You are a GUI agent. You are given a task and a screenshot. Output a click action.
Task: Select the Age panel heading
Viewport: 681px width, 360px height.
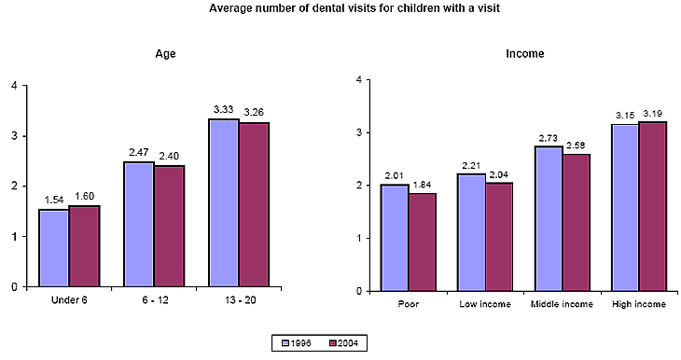(x=165, y=54)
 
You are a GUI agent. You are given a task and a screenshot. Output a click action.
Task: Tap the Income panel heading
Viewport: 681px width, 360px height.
(x=525, y=54)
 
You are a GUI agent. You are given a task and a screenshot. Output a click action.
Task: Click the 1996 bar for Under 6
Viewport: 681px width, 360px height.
(x=53, y=248)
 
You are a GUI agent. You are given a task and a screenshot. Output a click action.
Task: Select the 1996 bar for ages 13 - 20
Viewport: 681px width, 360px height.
(x=223, y=203)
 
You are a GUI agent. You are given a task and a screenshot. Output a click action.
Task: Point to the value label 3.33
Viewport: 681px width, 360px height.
(x=224, y=109)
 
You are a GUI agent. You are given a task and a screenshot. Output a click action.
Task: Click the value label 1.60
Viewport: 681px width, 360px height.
(x=84, y=196)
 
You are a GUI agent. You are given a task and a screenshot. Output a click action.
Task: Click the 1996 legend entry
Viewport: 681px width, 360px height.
(x=298, y=343)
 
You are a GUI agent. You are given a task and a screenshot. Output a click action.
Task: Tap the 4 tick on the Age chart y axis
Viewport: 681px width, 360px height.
(x=13, y=86)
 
